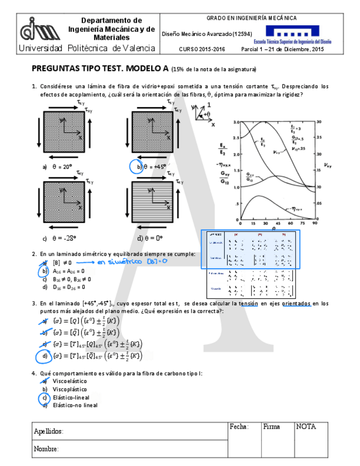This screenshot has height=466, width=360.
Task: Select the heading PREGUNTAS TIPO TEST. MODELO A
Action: (x=100, y=69)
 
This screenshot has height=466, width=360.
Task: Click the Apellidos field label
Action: (x=48, y=431)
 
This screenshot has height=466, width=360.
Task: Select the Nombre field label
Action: (x=46, y=449)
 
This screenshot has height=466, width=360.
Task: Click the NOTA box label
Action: (x=306, y=426)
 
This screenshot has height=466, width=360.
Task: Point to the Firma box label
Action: (x=272, y=426)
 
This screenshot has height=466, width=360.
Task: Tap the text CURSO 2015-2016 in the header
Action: (x=202, y=49)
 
